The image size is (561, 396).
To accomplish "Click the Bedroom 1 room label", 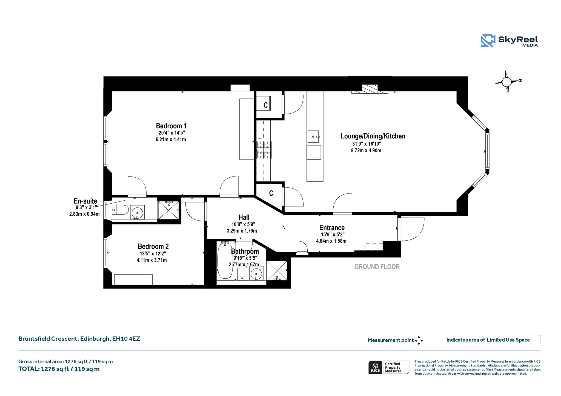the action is [x=171, y=126].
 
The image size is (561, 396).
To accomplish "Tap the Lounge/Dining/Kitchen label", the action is [x=373, y=136].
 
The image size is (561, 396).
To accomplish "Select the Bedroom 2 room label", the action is [x=153, y=246].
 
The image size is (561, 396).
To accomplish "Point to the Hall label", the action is [x=244, y=217].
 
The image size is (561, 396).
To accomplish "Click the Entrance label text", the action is [x=332, y=228].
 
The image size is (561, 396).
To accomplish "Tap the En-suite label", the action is [x=85, y=201].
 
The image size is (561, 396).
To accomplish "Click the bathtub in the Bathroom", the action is [x=225, y=261].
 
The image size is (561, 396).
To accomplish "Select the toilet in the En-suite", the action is [x=121, y=210].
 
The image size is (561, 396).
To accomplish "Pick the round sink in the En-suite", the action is [x=137, y=212].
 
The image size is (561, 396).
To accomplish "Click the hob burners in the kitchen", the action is [x=264, y=150].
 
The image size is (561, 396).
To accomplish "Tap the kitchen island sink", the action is [x=313, y=137].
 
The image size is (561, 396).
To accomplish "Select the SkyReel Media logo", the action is [x=509, y=41].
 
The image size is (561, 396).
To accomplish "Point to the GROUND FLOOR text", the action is [x=377, y=267].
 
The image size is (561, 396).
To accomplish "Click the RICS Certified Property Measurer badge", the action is [x=389, y=367].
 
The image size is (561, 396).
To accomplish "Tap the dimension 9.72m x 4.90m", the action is [x=366, y=150].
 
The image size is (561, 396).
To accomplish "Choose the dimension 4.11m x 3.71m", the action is [x=152, y=260].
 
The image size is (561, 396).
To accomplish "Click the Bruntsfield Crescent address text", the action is [x=79, y=339].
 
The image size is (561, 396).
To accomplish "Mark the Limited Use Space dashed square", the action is [x=536, y=339].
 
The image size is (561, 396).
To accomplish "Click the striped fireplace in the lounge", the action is [x=370, y=89].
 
